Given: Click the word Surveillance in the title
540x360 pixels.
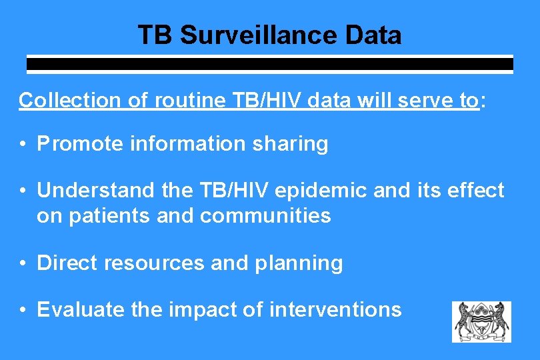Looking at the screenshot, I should tap(256, 35).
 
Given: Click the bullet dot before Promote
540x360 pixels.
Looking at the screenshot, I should tap(23, 145).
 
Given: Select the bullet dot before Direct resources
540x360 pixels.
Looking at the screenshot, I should tap(23, 264).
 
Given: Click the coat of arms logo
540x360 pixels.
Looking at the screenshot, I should tap(481, 321).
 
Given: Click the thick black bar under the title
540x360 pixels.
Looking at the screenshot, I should tap(269, 65).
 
